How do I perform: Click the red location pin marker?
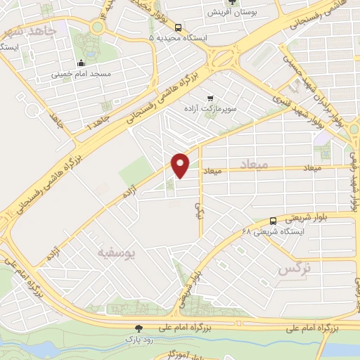(181, 164)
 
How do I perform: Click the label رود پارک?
(139, 339)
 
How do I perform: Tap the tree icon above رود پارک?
(139, 328)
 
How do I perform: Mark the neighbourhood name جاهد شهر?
(28, 31)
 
